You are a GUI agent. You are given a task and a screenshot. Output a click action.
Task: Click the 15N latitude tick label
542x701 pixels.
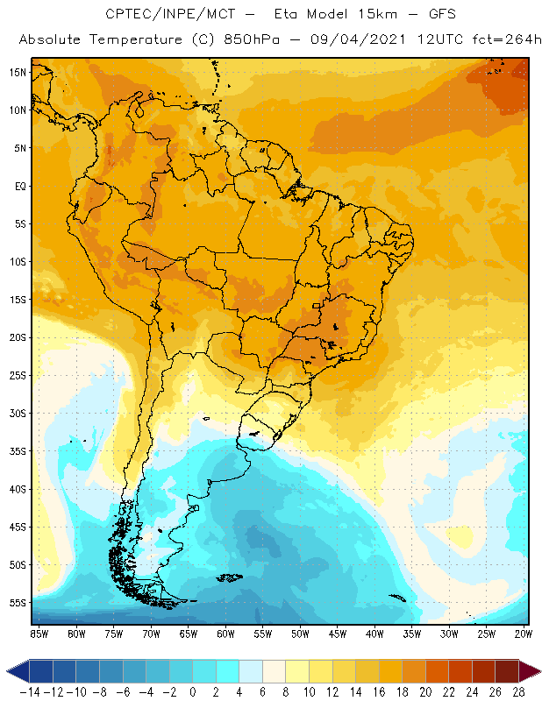click(x=18, y=72)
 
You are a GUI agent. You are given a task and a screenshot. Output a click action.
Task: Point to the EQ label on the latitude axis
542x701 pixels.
click(x=18, y=186)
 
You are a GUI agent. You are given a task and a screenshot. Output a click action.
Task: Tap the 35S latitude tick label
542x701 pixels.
click(x=18, y=451)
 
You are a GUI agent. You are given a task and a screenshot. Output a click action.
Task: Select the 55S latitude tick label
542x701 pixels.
click(x=18, y=603)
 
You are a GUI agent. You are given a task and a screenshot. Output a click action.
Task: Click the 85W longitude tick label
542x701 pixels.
click(x=39, y=633)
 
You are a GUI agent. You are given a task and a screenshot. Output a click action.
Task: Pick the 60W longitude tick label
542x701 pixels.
click(x=225, y=633)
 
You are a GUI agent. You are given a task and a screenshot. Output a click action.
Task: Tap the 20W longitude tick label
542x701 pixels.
click(x=523, y=633)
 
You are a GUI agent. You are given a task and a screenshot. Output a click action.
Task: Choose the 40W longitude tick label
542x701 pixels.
click(x=374, y=633)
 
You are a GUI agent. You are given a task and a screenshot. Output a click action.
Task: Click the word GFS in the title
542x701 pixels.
click(x=423, y=15)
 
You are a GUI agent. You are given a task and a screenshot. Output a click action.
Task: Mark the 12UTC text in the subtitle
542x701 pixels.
click(x=417, y=40)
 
